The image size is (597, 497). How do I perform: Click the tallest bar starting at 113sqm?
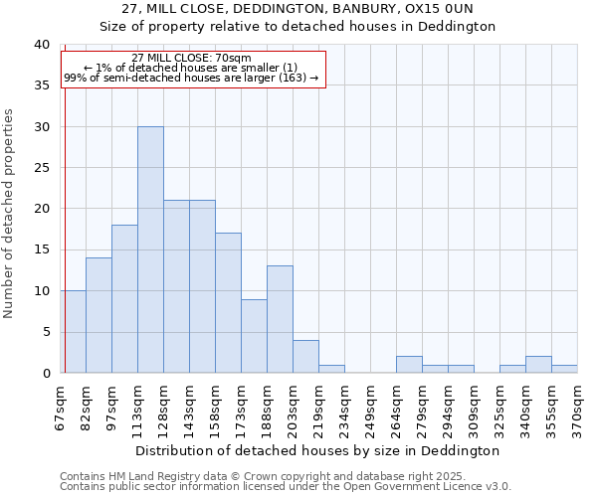150,249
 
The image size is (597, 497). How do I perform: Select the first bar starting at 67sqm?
73,332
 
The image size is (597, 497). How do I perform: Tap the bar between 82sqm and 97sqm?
99,315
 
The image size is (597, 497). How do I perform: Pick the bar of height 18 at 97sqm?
124,299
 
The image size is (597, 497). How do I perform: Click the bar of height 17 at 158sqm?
228,303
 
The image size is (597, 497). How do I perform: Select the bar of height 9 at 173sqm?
254,336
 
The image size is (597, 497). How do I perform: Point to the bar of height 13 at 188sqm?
280,319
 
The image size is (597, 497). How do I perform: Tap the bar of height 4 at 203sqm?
305,357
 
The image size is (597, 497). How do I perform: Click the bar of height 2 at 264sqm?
409,365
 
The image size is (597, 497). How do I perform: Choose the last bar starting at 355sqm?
564,369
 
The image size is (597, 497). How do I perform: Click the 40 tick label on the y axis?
41,45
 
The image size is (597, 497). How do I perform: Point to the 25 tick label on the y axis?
41,168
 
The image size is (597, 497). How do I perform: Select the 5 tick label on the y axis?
45,332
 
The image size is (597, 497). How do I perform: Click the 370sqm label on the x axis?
578,408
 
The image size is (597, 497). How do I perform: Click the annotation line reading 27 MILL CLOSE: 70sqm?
191,58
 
